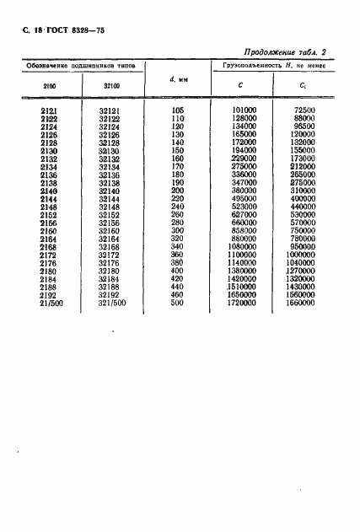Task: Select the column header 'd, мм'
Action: click(177, 80)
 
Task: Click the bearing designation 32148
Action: click(109, 207)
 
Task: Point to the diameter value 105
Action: click(177, 110)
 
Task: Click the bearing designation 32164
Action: click(109, 239)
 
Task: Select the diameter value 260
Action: click(177, 215)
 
